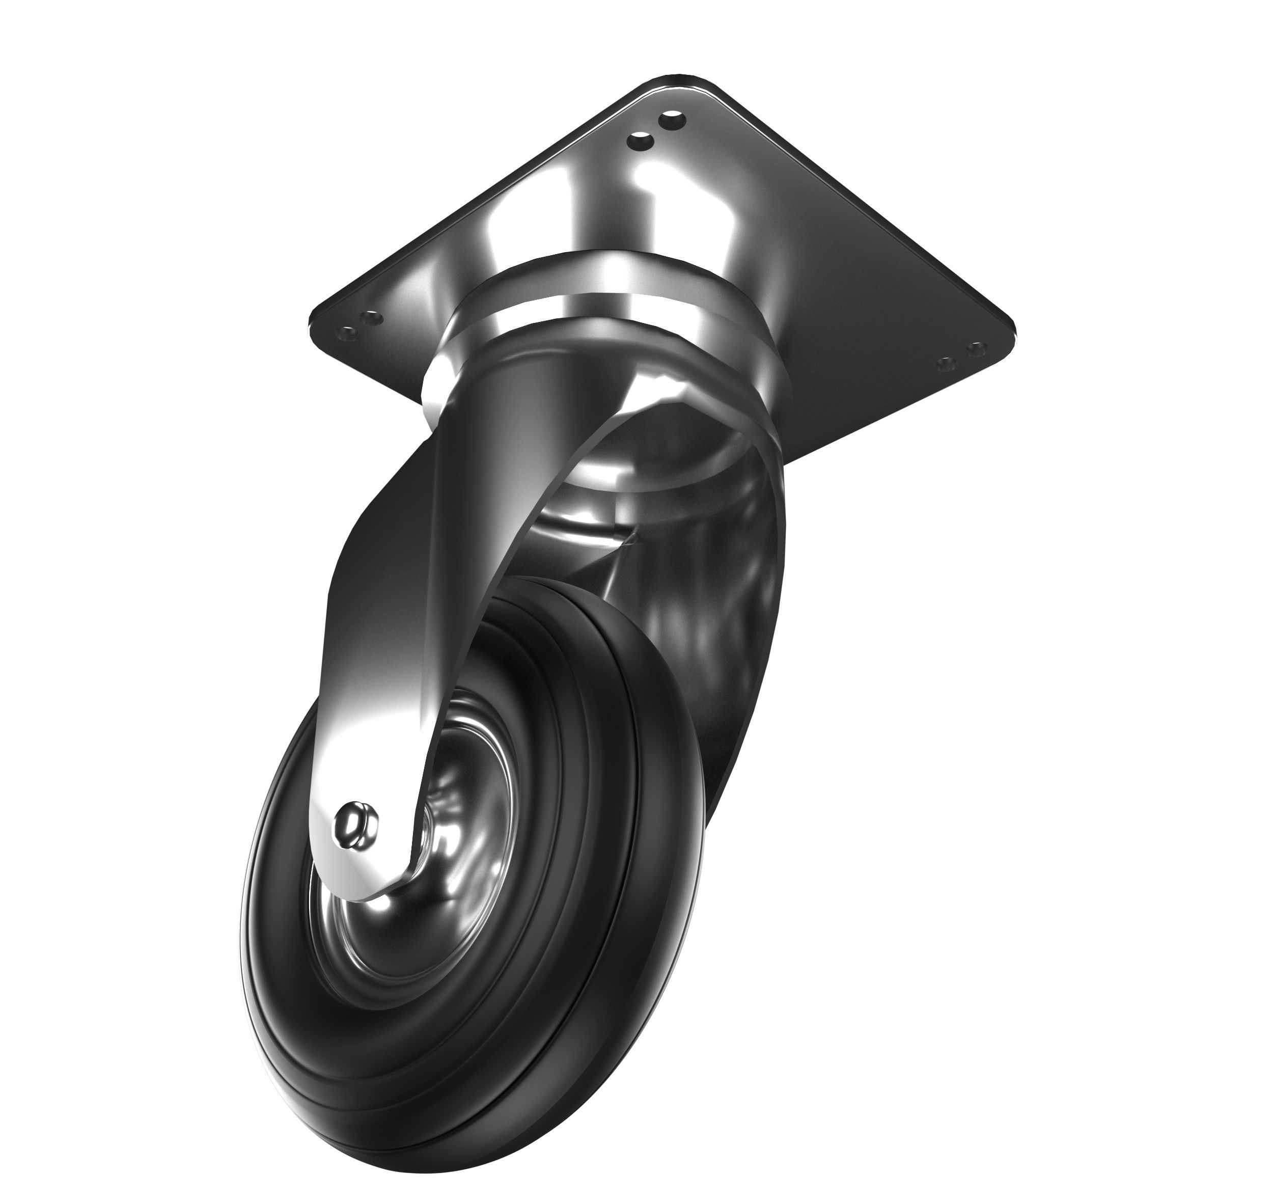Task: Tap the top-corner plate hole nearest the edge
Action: click(x=673, y=119)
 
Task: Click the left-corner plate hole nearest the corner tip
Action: click(x=347, y=333)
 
